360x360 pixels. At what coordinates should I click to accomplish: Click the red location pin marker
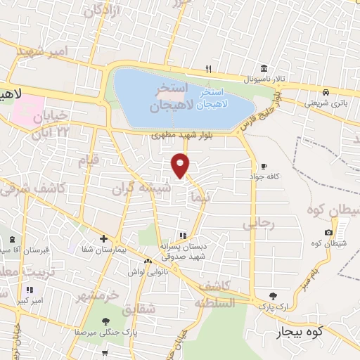[181, 165]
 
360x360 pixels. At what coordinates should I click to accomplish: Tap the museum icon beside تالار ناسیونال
[264, 68]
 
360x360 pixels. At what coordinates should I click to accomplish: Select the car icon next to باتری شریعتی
[326, 92]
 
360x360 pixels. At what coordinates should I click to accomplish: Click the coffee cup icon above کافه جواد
[264, 166]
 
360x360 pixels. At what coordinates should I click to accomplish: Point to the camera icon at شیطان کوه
[328, 233]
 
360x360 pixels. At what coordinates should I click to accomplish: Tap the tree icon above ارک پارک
[274, 296]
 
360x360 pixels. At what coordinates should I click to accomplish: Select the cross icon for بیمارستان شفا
[103, 238]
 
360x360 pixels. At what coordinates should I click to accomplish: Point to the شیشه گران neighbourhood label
[139, 188]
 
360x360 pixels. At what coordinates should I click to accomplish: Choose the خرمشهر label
[108, 295]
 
